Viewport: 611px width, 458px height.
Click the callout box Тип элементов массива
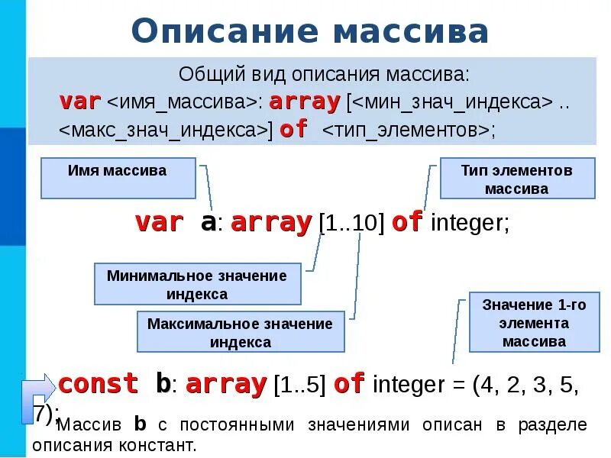pos(517,179)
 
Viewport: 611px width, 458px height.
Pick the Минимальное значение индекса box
pos(197,284)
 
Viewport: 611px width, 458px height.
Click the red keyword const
pos(99,383)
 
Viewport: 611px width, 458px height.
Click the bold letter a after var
pos(208,223)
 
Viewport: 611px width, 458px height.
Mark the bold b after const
pos(163,383)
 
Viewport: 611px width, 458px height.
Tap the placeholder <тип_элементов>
pos(406,130)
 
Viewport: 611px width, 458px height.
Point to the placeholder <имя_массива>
pos(182,102)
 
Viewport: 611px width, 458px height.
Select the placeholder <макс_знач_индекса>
pos(164,130)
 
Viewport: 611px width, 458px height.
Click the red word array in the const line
pos(225,383)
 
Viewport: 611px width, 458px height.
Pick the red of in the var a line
pos(406,223)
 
